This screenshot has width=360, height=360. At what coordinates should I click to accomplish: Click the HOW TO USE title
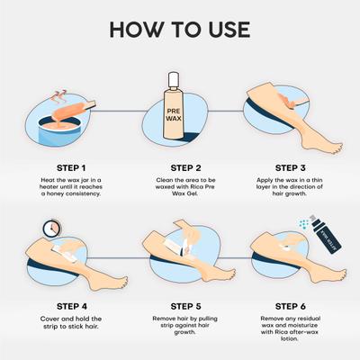180,27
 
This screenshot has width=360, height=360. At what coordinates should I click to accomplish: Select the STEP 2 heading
180,167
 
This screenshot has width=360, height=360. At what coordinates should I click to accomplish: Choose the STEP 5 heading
180,305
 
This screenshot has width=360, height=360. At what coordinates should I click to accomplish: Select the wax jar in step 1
58,121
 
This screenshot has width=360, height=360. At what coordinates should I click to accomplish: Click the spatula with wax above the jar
76,104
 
